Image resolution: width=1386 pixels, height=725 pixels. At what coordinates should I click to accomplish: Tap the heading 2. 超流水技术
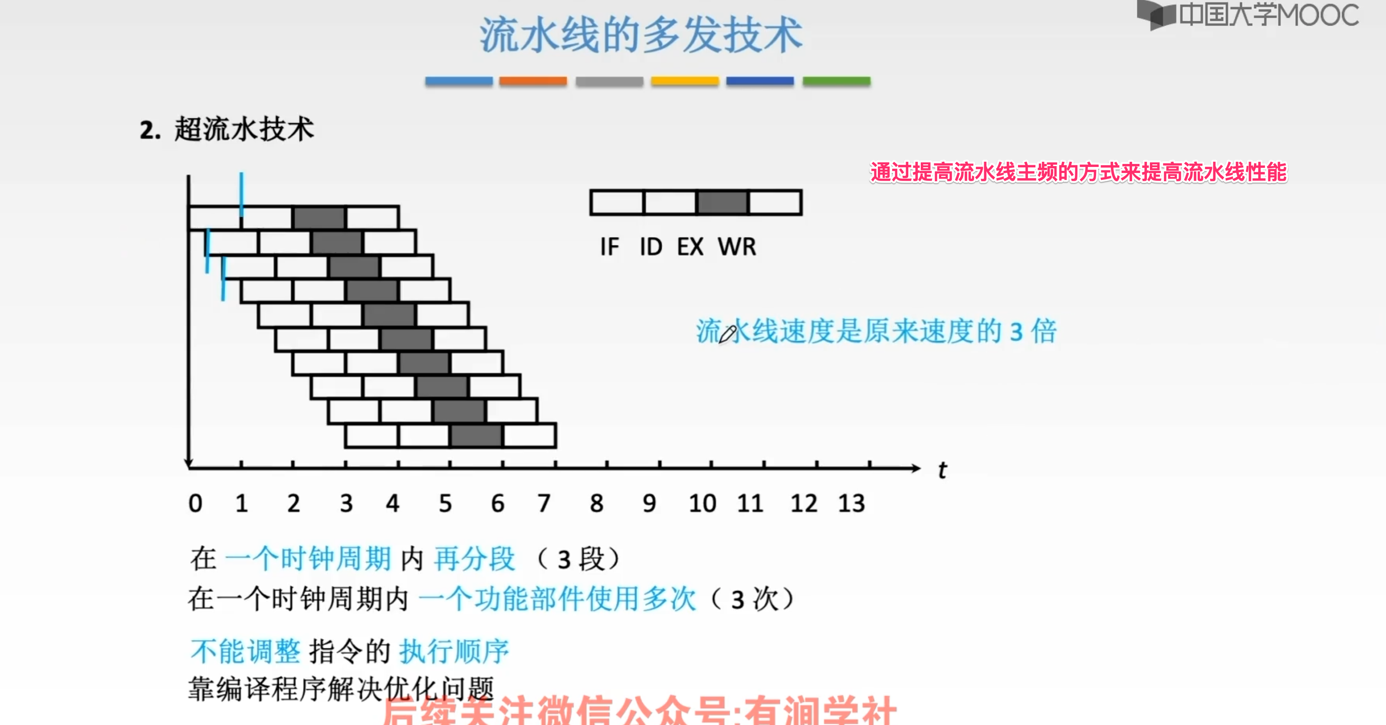coord(227,130)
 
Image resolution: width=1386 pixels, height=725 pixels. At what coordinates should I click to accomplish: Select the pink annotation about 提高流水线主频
coord(1078,173)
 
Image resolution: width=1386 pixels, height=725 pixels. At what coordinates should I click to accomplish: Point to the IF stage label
coord(610,247)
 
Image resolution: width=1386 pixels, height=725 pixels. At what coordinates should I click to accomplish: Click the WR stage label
coord(736,247)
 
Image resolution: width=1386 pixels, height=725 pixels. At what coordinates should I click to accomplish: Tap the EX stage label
coord(690,247)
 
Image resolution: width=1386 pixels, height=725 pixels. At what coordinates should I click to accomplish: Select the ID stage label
coord(650,247)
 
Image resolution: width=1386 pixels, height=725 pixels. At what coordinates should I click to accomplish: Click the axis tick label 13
coord(851,504)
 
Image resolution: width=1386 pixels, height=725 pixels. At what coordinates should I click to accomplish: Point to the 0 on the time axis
coord(195,504)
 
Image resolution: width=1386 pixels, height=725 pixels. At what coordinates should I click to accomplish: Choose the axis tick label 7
coord(544,504)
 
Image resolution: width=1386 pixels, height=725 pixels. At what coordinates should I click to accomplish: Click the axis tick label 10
coord(702,504)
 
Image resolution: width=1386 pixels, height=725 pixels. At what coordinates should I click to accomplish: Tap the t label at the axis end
coord(942,470)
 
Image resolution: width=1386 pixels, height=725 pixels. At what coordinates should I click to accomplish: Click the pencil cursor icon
coord(727,334)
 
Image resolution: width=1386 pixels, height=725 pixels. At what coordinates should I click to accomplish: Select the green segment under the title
coord(836,81)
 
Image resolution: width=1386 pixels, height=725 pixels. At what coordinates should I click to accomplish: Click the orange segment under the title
coord(533,81)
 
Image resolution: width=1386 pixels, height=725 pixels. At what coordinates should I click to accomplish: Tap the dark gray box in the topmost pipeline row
coord(319,218)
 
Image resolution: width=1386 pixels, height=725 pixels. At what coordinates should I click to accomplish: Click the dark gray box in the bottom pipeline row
coord(476,436)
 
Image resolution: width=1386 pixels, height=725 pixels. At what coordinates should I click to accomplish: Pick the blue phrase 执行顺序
coord(453,651)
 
